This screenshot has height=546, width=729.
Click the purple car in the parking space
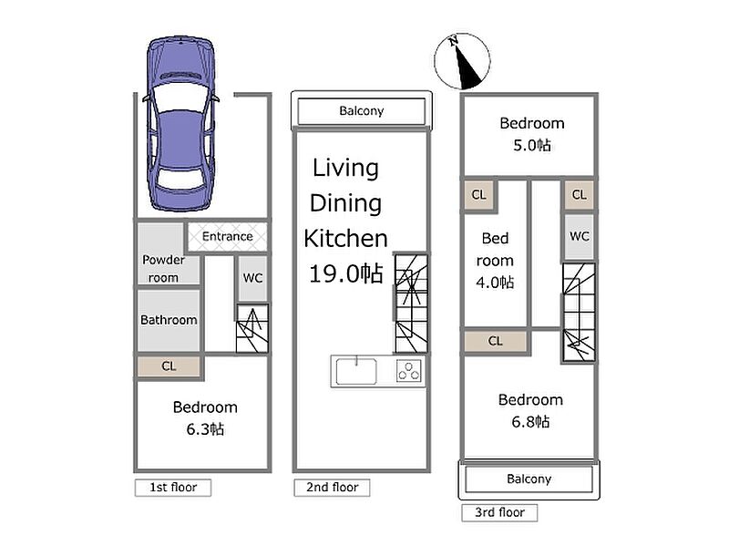tap(180, 124)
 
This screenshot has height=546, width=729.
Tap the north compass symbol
tap(462, 61)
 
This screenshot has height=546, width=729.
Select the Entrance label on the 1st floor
tap(227, 236)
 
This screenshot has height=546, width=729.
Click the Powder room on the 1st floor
tap(169, 254)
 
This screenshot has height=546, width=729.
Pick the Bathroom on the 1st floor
tap(169, 321)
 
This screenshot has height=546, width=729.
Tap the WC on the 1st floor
tap(252, 278)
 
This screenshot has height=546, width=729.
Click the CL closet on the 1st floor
tap(169, 366)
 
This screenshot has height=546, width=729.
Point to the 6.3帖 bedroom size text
tap(205, 428)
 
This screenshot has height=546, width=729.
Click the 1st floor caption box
tap(173, 488)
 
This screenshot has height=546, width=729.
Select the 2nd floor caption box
tap(332, 488)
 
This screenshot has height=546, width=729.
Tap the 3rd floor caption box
tap(499, 512)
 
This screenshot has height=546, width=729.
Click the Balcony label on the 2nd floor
tap(361, 111)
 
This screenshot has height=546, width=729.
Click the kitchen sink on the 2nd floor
tap(356, 371)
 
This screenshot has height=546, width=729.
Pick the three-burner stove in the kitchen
tap(409, 371)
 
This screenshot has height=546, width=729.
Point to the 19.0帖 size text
tap(346, 273)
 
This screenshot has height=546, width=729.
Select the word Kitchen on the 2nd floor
tap(345, 239)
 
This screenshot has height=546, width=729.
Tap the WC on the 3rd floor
tap(580, 237)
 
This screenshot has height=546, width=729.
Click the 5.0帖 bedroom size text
tap(532, 145)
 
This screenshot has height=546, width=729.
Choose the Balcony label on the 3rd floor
tap(529, 479)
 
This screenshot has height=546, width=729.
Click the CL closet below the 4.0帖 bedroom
tap(496, 341)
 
